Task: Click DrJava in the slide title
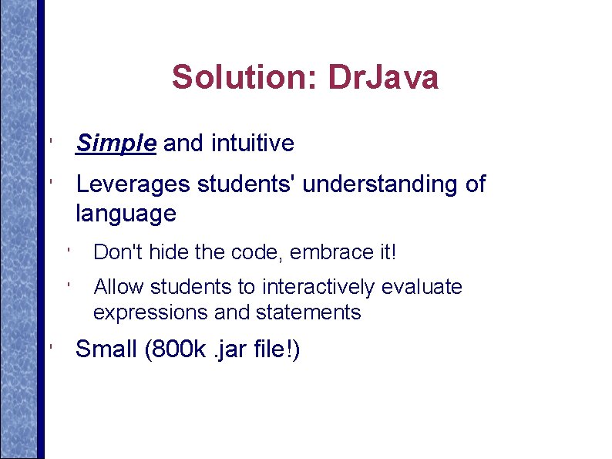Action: point(383,77)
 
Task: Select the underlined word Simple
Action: point(116,143)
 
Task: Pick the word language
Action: point(126,214)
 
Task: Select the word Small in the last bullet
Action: point(106,349)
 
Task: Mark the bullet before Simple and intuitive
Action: point(49,143)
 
